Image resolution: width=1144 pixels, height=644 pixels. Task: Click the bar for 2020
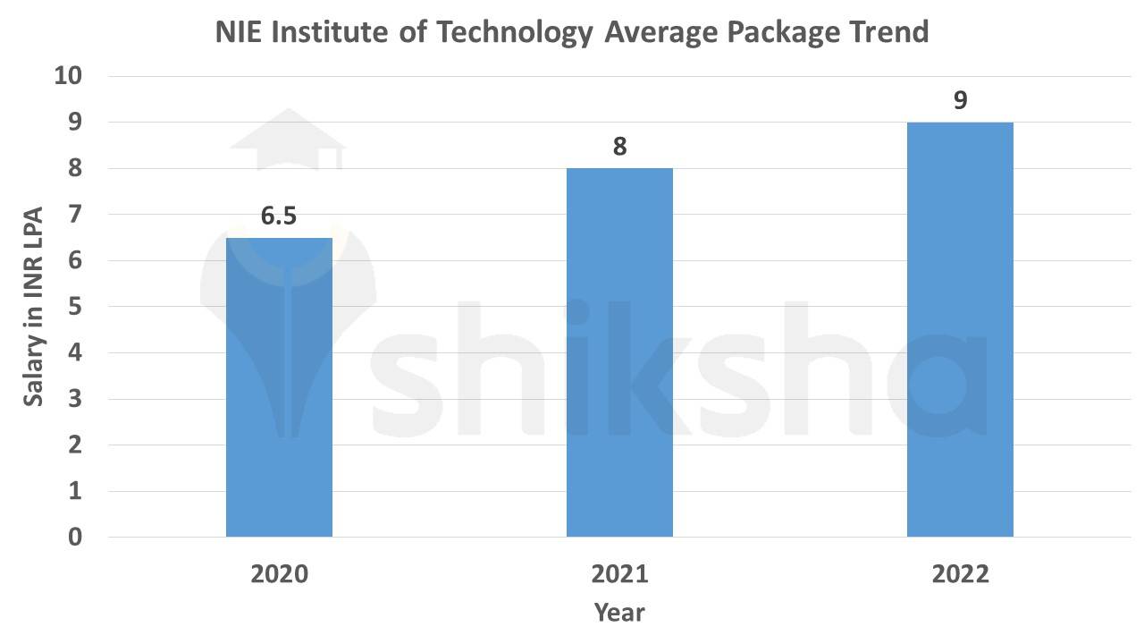(279, 387)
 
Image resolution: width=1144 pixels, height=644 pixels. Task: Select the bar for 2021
(619, 352)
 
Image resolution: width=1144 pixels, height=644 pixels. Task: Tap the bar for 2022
(960, 329)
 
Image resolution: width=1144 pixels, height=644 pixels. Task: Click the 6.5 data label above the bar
(279, 216)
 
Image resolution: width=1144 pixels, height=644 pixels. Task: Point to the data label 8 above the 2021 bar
(619, 147)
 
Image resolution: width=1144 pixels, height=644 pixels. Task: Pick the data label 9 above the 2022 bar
(960, 100)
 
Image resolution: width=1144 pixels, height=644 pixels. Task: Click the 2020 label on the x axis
(279, 574)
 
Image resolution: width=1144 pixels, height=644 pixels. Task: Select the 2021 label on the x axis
(619, 574)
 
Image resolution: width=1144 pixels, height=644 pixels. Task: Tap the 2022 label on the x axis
(960, 574)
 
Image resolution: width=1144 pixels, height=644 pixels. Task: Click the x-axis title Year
(619, 613)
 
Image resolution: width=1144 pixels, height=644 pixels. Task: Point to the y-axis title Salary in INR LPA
(33, 306)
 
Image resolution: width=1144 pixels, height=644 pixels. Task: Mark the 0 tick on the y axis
(75, 538)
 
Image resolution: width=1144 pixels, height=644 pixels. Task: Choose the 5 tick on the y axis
(75, 307)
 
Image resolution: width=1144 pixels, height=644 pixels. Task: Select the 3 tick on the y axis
(75, 399)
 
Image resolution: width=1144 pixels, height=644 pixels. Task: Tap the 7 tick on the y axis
(75, 215)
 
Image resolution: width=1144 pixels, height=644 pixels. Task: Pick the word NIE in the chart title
(240, 32)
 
